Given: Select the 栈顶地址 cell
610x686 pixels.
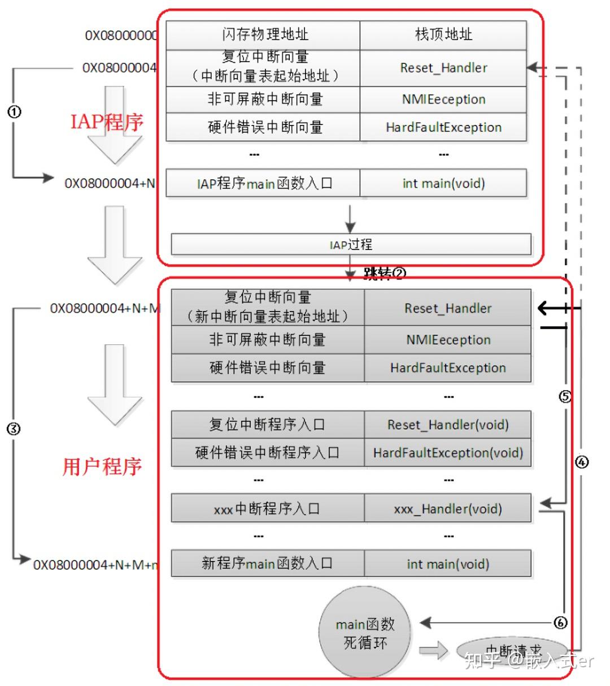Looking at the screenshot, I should tap(443, 35).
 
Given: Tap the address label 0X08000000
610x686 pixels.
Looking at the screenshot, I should tap(121, 36).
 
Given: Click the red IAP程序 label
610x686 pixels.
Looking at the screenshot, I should tap(107, 122).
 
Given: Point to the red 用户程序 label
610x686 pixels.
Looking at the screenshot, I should tap(102, 467).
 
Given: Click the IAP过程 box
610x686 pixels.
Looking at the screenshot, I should tap(351, 244).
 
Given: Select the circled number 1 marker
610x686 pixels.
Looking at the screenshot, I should tap(14, 111).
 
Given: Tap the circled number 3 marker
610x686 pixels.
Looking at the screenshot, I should tap(14, 429).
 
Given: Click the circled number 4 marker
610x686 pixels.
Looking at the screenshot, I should tap(581, 462).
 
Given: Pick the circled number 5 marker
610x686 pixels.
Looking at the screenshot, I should tap(565, 396).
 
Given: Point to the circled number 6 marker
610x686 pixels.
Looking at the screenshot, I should tap(560, 623).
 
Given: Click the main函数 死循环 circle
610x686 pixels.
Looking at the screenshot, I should tap(365, 633).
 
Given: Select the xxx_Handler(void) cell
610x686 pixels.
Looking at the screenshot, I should tap(447, 509).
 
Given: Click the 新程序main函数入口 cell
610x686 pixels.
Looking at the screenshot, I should tap(267, 563).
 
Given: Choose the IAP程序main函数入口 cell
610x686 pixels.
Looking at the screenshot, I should tap(263, 183).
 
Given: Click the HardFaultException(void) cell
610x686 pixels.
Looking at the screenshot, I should tap(447, 453).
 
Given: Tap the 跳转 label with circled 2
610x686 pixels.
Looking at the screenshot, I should tap(385, 274).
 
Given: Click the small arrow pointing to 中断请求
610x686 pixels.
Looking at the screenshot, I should tap(434, 650).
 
